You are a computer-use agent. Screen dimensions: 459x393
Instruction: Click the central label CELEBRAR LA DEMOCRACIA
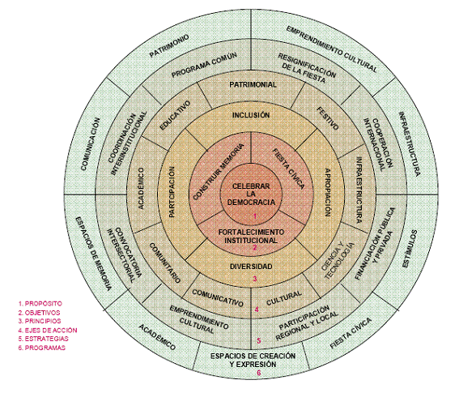[x=251, y=194]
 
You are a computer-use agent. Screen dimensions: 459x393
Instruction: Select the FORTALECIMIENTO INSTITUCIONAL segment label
[x=251, y=237]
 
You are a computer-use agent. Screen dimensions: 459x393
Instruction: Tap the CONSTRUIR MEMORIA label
[x=219, y=172]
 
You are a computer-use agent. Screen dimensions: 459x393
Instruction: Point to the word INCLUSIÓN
[x=251, y=115]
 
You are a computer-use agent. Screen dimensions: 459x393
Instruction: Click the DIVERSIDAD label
[x=251, y=267]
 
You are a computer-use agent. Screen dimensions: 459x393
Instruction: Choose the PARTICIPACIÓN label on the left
[x=172, y=192]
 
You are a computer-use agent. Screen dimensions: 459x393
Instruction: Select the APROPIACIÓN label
[x=328, y=192]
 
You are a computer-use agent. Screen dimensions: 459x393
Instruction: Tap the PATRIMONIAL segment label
[x=253, y=85]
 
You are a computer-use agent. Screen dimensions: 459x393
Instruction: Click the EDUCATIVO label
[x=175, y=115]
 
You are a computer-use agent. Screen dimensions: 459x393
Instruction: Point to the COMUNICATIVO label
[x=218, y=297]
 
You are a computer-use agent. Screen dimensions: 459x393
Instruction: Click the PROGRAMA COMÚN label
[x=204, y=65]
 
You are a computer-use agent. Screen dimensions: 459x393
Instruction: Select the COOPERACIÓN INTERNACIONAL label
[x=379, y=144]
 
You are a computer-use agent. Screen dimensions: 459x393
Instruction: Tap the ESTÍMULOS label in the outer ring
[x=409, y=249]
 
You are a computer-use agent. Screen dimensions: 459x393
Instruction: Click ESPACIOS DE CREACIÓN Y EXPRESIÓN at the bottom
[x=253, y=360]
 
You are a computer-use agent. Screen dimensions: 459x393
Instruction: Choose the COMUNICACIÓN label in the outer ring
[x=91, y=144]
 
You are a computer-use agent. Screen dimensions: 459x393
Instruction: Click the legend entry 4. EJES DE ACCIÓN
[x=48, y=331]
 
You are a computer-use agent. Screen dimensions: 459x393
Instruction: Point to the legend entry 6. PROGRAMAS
[x=42, y=348]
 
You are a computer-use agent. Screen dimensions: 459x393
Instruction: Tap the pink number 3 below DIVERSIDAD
[x=255, y=279]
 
